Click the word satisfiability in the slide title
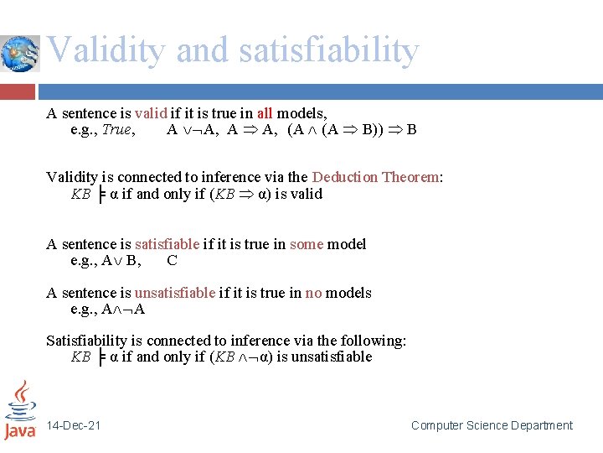pyautogui.click(x=328, y=50)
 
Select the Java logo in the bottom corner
pyautogui.click(x=20, y=410)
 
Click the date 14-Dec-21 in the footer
pyautogui.click(x=75, y=425)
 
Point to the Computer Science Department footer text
pyautogui.click(x=492, y=425)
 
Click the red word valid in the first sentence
pyautogui.click(x=152, y=113)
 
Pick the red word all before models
pyautogui.click(x=264, y=113)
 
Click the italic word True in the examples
pyautogui.click(x=117, y=129)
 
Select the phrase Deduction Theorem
pyautogui.click(x=377, y=177)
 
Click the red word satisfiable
pyautogui.click(x=167, y=244)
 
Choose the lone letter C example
pyautogui.click(x=172, y=260)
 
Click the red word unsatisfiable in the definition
pyautogui.click(x=175, y=293)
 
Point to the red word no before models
pyautogui.click(x=313, y=293)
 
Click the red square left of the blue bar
pyautogui.click(x=18, y=91)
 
